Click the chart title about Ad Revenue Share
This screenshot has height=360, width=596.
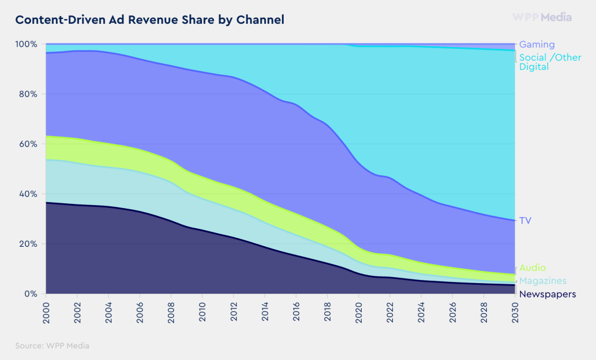point(150,20)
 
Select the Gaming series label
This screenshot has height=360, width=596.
point(537,44)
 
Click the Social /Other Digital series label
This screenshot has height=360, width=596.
point(550,62)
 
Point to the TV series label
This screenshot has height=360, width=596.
point(525,221)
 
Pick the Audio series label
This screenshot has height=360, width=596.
point(532,268)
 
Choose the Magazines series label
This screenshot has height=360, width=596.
point(542,281)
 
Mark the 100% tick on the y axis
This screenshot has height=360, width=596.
point(26,44)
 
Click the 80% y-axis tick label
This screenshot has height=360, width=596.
point(28,94)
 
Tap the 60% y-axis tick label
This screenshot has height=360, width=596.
point(28,144)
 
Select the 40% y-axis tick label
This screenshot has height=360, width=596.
point(28,194)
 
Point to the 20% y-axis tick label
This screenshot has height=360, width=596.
point(28,244)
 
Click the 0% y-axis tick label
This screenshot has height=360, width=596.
point(30,294)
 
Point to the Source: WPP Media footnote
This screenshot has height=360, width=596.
point(52,345)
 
